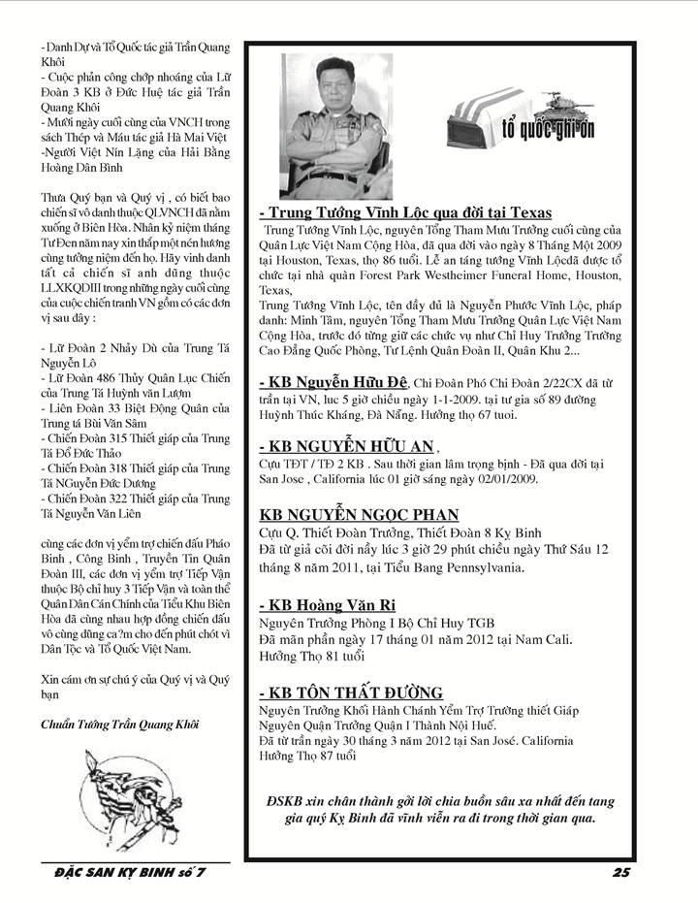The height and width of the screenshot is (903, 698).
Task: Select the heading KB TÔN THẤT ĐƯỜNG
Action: (x=351, y=692)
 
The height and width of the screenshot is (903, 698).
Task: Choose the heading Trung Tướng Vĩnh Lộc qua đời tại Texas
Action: (x=405, y=212)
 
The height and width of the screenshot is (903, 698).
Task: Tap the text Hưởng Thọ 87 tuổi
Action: (x=306, y=757)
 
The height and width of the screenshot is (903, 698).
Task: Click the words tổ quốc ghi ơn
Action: (x=554, y=129)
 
